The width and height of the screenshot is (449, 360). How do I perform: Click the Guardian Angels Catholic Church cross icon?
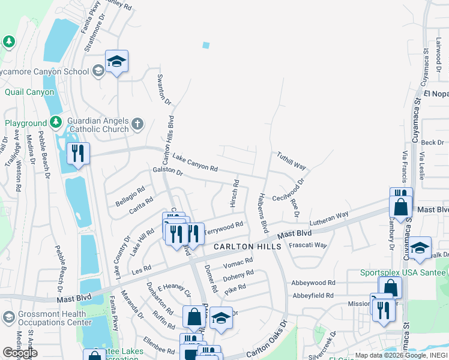tap(137, 124)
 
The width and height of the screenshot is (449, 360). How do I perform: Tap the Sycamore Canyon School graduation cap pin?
tap(117, 61)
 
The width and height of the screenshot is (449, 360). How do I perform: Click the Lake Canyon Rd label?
tap(194, 163)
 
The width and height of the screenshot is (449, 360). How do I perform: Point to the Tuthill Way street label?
tap(291, 161)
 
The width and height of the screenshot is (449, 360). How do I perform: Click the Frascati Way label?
tap(308, 245)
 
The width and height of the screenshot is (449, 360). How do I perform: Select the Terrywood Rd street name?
tap(223, 227)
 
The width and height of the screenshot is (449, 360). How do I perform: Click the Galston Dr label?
tap(167, 171)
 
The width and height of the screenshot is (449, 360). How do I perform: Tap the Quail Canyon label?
tap(29, 92)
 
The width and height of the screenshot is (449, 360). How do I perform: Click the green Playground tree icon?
tap(56, 122)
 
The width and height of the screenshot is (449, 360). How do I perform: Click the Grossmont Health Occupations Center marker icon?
tap(9, 316)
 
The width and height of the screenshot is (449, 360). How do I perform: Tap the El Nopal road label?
tap(436, 94)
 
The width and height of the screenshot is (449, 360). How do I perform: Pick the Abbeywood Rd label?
tap(313, 283)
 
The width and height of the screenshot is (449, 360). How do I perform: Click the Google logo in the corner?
tap(20, 353)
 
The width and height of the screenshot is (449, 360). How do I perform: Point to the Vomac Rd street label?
tap(238, 262)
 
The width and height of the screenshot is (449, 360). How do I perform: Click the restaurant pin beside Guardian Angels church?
tap(78, 153)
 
